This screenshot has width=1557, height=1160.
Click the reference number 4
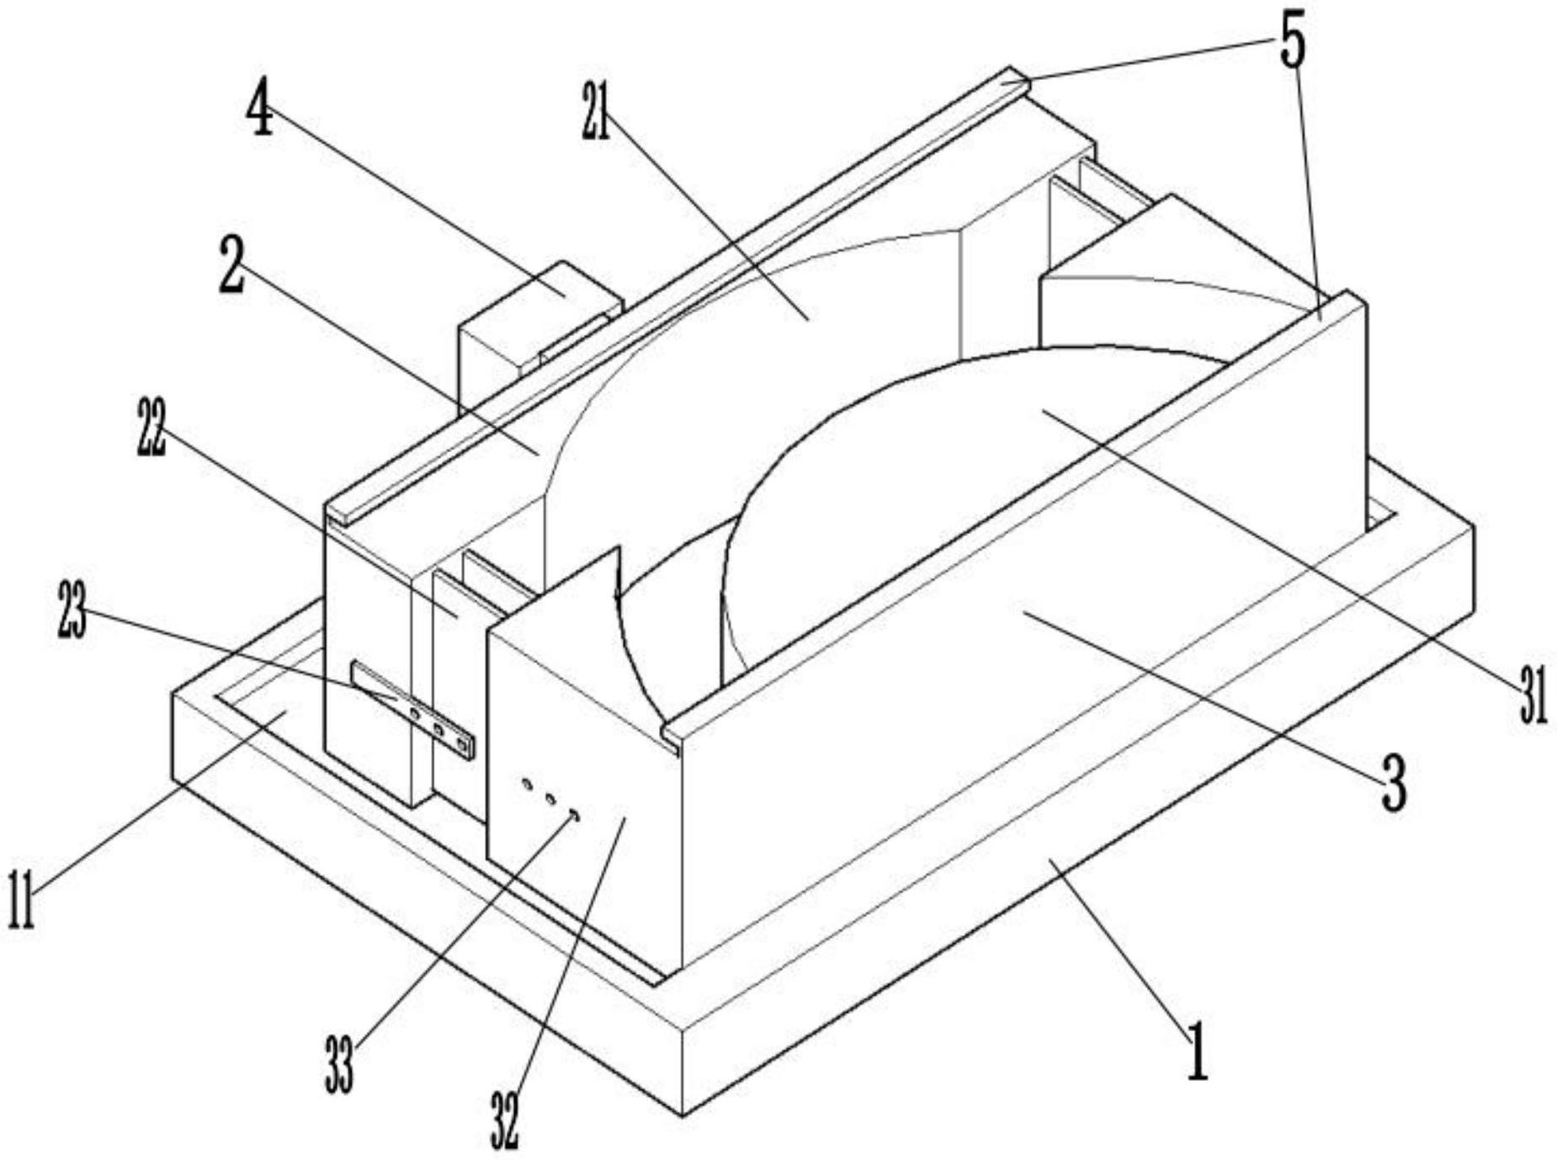click(260, 109)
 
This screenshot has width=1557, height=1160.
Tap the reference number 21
click(595, 110)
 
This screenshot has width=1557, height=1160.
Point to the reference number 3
click(1395, 782)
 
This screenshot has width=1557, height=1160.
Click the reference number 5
click(1292, 41)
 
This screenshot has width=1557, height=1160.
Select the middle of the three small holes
click(550, 798)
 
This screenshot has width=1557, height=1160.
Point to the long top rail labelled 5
click(673, 295)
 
